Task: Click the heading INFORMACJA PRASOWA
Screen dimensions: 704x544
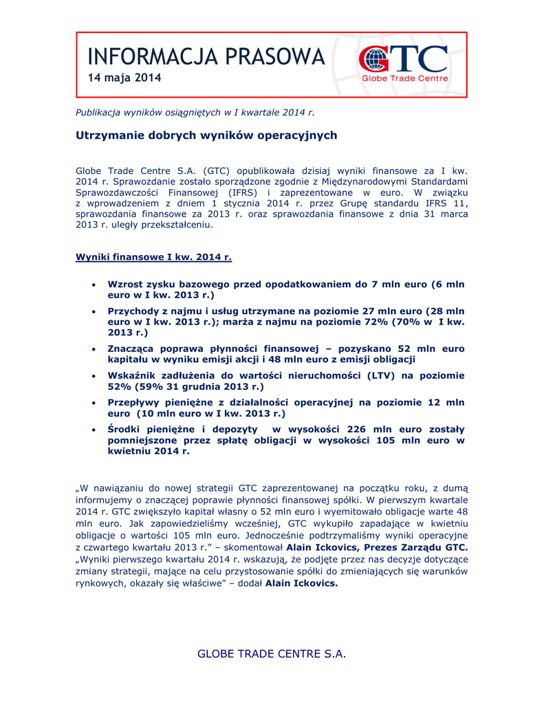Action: pyautogui.click(x=206, y=56)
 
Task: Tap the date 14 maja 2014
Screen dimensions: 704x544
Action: pyautogui.click(x=124, y=78)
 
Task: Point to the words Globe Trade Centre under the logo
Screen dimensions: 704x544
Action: pyautogui.click(x=405, y=78)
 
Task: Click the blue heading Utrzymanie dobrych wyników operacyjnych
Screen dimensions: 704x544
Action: pyautogui.click(x=206, y=135)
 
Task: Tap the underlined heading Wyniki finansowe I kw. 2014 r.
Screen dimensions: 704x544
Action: pyautogui.click(x=153, y=257)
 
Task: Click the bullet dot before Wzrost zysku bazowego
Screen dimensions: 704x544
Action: pyautogui.click(x=94, y=284)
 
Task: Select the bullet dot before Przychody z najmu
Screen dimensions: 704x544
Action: pyautogui.click(x=94, y=311)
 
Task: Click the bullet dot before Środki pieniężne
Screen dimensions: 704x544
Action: pyautogui.click(x=94, y=429)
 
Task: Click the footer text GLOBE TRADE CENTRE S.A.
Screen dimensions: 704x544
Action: pyautogui.click(x=272, y=653)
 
